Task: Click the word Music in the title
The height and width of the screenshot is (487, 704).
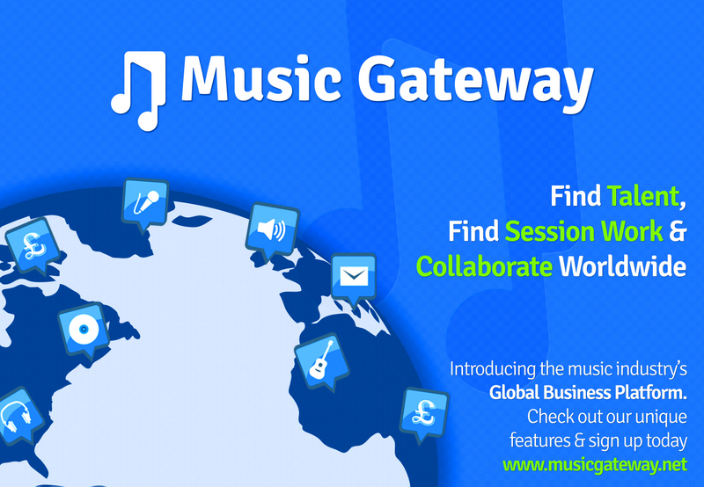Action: (x=260, y=78)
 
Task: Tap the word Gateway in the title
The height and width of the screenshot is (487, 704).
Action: (x=475, y=84)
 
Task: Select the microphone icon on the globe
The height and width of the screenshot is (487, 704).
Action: (x=145, y=205)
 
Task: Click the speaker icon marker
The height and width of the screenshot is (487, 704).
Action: (x=272, y=230)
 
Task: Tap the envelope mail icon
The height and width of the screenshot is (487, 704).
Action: (x=354, y=279)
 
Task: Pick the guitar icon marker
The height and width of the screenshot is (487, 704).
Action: (x=322, y=361)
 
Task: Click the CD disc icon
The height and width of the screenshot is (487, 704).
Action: (x=84, y=330)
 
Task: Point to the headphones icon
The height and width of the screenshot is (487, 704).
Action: (x=17, y=416)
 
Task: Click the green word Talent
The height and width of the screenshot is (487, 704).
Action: (x=643, y=196)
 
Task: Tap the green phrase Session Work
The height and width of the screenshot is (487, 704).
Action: (x=583, y=231)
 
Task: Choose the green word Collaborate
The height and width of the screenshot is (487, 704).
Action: (x=485, y=266)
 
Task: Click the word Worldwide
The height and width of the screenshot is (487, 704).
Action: (x=623, y=266)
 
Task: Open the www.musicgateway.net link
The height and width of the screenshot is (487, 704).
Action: (x=595, y=464)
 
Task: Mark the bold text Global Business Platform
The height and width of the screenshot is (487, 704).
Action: (x=588, y=393)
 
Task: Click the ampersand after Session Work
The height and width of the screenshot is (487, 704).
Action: (x=678, y=231)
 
